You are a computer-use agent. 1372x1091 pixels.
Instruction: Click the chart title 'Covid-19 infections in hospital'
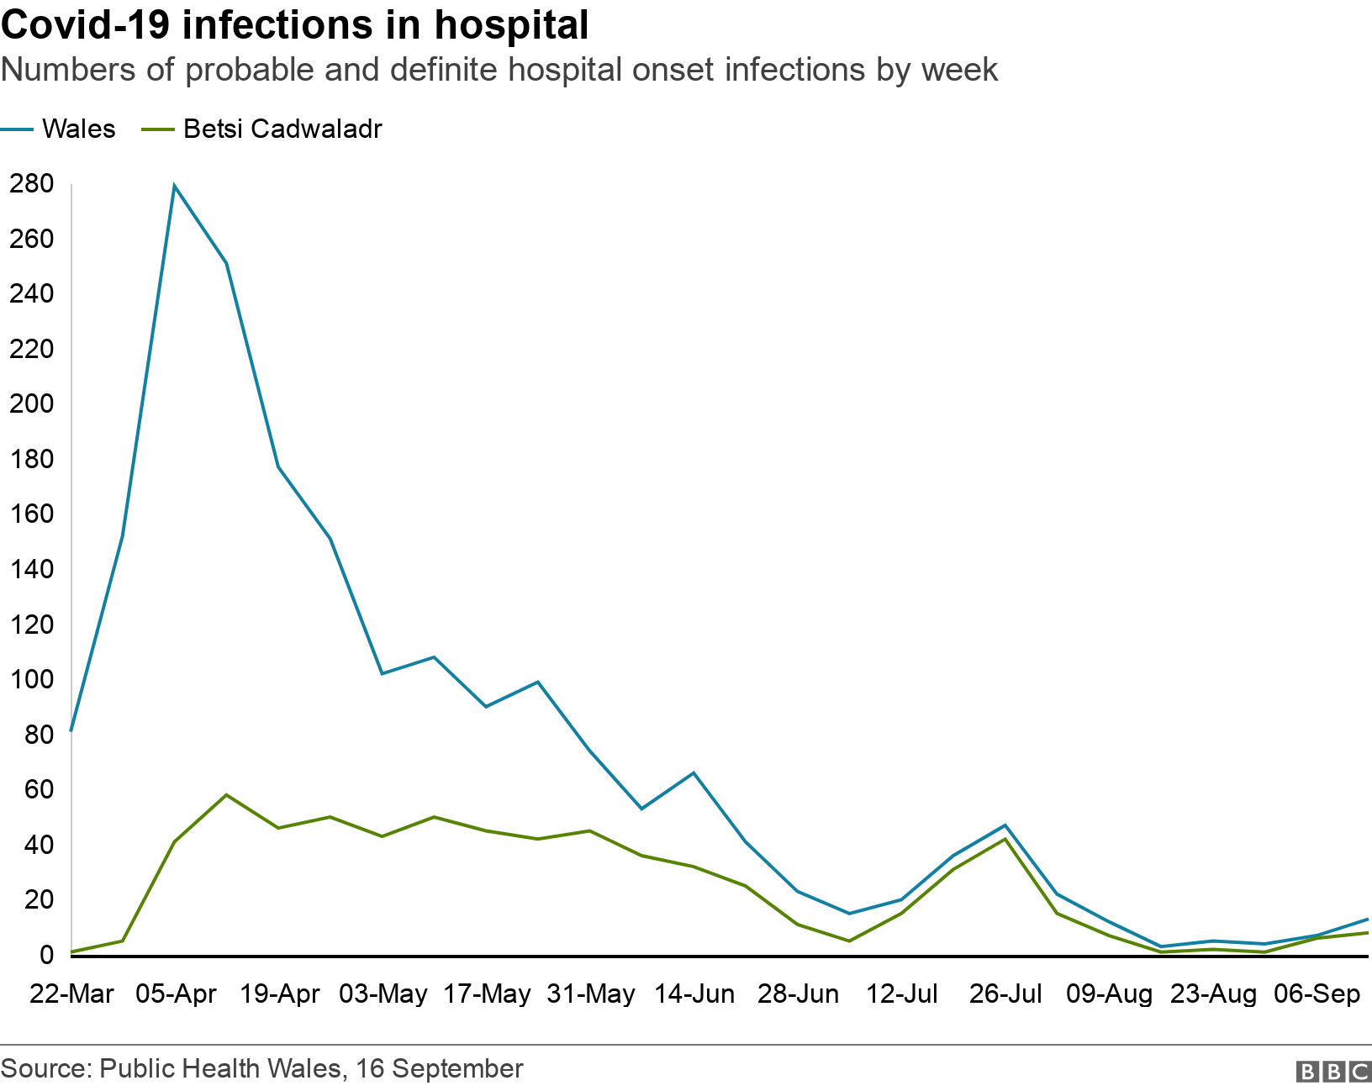point(294,25)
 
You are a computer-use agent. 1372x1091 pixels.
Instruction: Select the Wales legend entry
point(78,129)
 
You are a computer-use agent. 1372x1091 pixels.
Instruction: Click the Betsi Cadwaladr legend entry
point(282,129)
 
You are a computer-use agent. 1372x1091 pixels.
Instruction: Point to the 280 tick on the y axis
point(32,184)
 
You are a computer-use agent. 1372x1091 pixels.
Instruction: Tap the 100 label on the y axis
point(32,679)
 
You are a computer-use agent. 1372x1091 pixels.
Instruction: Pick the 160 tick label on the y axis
point(32,514)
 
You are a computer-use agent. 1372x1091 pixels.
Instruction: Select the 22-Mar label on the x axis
point(71,994)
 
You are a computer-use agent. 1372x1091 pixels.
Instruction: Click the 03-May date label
point(383,994)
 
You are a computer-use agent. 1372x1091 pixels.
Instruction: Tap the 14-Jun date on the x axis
point(694,994)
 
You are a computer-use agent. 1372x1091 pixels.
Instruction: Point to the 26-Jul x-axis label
point(1005,994)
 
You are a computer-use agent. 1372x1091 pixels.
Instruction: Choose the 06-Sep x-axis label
point(1317,994)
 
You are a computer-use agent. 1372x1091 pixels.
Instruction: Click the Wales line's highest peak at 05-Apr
point(174,186)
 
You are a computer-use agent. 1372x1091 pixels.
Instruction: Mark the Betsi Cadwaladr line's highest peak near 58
point(226,794)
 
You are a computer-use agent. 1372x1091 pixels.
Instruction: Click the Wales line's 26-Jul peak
point(1005,825)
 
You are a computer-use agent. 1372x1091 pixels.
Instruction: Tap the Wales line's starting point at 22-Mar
point(71,730)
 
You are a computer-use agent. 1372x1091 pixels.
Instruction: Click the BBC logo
point(1333,1072)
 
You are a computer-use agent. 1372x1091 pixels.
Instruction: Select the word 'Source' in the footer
point(45,1069)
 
